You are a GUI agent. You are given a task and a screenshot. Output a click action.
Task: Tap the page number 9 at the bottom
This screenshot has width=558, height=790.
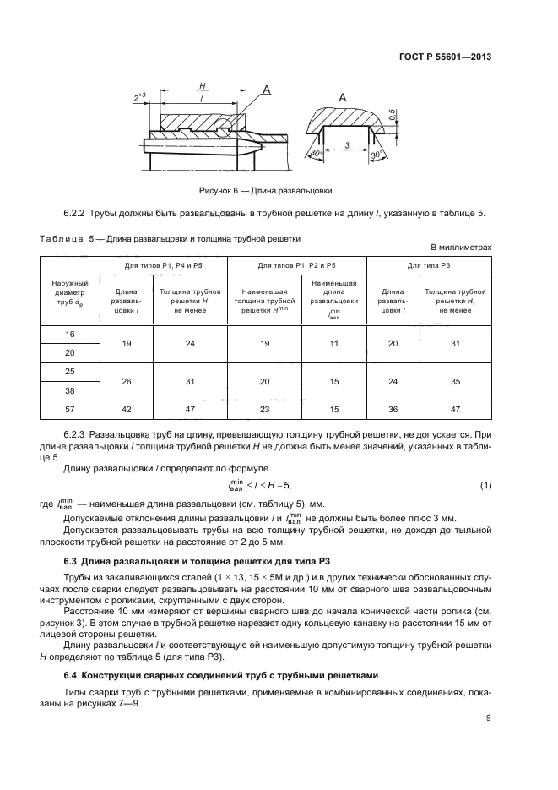[x=489, y=718]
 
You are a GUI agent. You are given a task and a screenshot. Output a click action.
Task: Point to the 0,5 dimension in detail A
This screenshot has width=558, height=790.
[x=392, y=113]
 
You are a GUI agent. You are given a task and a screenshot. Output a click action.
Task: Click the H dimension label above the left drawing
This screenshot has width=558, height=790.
[x=203, y=86]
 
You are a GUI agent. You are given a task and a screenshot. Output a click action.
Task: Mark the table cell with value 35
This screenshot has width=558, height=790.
[x=455, y=381]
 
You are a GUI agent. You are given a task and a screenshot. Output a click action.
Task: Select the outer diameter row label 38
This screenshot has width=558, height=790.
[x=69, y=390]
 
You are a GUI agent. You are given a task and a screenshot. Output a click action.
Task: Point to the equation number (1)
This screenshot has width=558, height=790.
[x=485, y=484]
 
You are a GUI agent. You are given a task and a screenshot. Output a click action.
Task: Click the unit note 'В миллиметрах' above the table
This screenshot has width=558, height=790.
[x=461, y=247]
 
